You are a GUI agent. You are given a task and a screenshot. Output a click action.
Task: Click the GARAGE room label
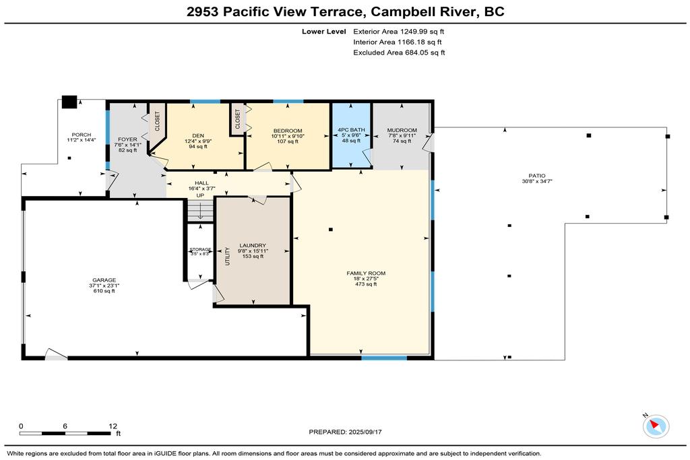pyautogui.click(x=104, y=280)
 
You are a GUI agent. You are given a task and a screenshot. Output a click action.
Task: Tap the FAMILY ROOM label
pyautogui.click(x=366, y=273)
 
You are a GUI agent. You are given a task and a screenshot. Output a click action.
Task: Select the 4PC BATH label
pyautogui.click(x=351, y=130)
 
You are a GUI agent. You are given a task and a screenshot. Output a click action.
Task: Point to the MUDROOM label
pyautogui.click(x=402, y=130)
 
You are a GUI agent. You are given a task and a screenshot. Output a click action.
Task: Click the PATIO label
pyautogui.click(x=537, y=176)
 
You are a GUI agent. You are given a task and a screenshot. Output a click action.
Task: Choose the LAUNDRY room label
pyautogui.click(x=253, y=245)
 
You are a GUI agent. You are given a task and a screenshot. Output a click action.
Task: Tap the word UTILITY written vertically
pyautogui.click(x=228, y=257)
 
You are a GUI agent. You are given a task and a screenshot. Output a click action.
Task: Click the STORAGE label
pyautogui.click(x=200, y=249)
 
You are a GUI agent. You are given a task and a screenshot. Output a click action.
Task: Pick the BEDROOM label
pyautogui.click(x=288, y=131)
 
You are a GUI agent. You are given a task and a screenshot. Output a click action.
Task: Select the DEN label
pyautogui.click(x=198, y=136)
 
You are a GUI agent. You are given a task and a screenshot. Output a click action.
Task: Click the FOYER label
pyautogui.click(x=127, y=139)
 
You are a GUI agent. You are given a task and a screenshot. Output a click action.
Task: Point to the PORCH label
pyautogui.click(x=82, y=135)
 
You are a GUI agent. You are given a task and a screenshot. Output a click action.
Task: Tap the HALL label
pyautogui.click(x=201, y=183)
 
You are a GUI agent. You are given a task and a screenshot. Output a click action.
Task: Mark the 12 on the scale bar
pyautogui.click(x=113, y=426)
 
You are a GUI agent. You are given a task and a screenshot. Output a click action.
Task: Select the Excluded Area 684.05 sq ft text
pyautogui.click(x=399, y=53)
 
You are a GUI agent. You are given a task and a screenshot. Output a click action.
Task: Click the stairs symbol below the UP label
pyautogui.click(x=200, y=211)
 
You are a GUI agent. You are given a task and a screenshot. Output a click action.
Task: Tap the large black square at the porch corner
pyautogui.click(x=69, y=102)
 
